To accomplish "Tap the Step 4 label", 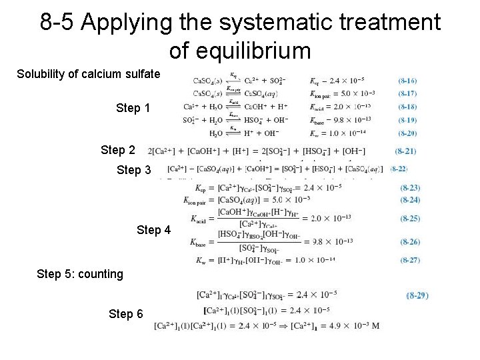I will coord(153,230).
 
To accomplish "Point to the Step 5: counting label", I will coord(80,273).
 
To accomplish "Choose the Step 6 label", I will coord(125,313).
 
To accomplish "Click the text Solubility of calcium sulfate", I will coord(88,73).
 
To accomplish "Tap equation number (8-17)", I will coord(408,93).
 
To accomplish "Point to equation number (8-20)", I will coord(408,133).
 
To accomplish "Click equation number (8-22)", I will coord(399,169).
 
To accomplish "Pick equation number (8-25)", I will coord(410,218).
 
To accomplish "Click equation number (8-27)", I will coord(410,260).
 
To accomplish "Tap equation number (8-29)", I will coord(417,295).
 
